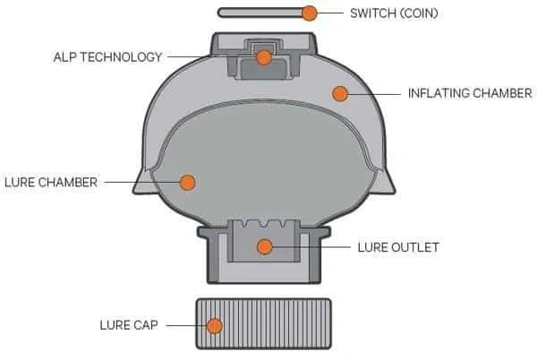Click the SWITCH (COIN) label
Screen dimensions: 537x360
coord(394,13)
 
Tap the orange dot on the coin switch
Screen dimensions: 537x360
coord(310,13)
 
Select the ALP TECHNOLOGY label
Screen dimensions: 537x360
coord(107,56)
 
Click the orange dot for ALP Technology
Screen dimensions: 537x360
coord(264,57)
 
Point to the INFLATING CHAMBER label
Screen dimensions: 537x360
coord(470,93)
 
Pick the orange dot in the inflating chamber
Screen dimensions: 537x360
coord(340,93)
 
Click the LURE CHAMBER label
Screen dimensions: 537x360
coord(51,182)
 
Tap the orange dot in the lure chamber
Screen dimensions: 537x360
coord(188,182)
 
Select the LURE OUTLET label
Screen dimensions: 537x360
coord(398,247)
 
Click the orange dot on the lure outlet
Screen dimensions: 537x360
coord(264,246)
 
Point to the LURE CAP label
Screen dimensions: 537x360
coord(129,325)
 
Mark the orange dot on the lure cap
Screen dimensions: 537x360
coord(215,325)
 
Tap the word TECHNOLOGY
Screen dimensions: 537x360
coord(121,56)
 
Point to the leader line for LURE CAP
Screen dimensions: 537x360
coord(186,325)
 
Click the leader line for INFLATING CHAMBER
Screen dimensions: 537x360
coord(374,94)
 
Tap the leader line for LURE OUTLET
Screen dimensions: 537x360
coord(311,247)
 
